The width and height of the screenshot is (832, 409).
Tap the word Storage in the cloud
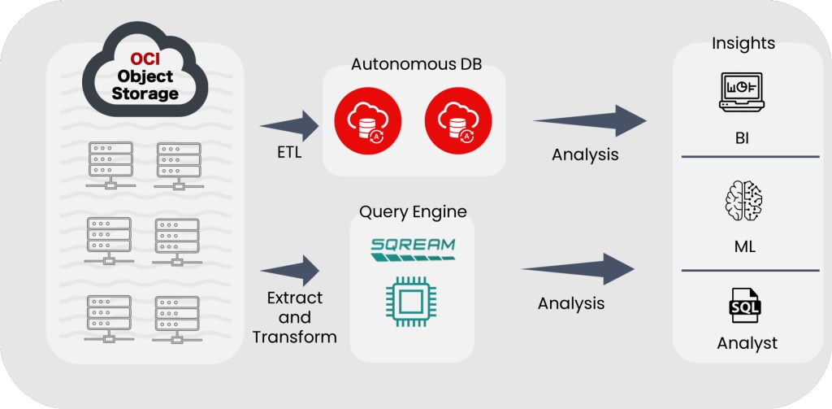pyautogui.click(x=145, y=94)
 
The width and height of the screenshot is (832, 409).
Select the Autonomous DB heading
pyautogui.click(x=417, y=64)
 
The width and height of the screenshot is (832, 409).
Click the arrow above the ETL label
pyautogui.click(x=291, y=124)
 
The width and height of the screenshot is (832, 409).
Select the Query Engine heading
pyautogui.click(x=413, y=212)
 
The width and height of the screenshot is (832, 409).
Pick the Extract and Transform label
pyautogui.click(x=294, y=316)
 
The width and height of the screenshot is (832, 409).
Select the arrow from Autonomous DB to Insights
pyautogui.click(x=590, y=120)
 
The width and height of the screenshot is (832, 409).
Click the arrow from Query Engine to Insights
pyautogui.click(x=578, y=269)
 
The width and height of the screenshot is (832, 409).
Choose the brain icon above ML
pyautogui.click(x=743, y=202)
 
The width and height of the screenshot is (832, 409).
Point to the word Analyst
pyautogui.click(x=747, y=343)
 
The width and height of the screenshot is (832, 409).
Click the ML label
pyautogui.click(x=744, y=246)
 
